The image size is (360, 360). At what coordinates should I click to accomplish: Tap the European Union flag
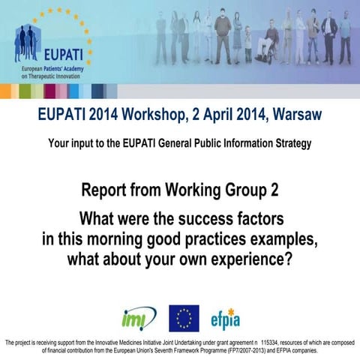[184, 317]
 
